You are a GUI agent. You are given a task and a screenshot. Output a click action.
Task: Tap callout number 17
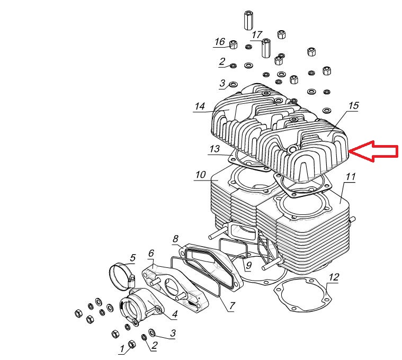point(257,35)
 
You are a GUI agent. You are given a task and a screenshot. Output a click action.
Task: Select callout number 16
point(220,42)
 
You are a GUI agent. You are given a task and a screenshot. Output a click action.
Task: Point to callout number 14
point(199,106)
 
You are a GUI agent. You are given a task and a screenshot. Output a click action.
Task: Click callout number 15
point(353,106)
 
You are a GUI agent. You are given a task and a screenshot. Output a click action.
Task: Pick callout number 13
point(214,149)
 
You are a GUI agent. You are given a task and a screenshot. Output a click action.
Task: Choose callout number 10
point(200,175)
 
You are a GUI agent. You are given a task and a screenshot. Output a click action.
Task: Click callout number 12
point(334,277)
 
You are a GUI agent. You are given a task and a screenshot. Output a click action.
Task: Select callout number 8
point(175,239)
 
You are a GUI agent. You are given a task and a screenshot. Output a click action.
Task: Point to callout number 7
point(231,305)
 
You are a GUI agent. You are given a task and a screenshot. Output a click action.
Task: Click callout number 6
point(151,253)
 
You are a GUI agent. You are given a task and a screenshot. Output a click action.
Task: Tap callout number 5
point(132,258)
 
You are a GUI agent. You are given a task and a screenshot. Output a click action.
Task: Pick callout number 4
point(174,316)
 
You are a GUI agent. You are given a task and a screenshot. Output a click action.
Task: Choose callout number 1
point(122,348)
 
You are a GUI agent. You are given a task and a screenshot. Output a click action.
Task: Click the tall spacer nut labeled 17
point(266,48)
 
